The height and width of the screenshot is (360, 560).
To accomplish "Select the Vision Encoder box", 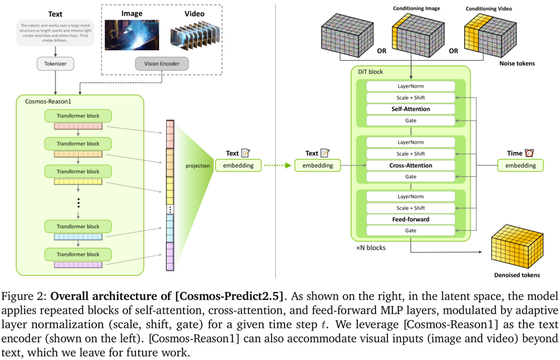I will click(x=161, y=64).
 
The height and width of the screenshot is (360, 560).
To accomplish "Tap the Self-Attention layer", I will click(x=410, y=109).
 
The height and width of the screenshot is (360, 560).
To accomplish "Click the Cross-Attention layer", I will click(x=410, y=165).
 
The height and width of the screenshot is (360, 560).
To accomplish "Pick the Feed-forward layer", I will click(x=410, y=219).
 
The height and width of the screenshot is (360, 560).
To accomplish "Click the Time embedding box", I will click(x=520, y=165).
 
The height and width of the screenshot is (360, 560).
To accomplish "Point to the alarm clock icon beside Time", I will click(x=529, y=153).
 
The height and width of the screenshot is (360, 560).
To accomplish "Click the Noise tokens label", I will click(x=516, y=63).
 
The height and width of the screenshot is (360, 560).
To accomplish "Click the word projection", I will click(x=198, y=165).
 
